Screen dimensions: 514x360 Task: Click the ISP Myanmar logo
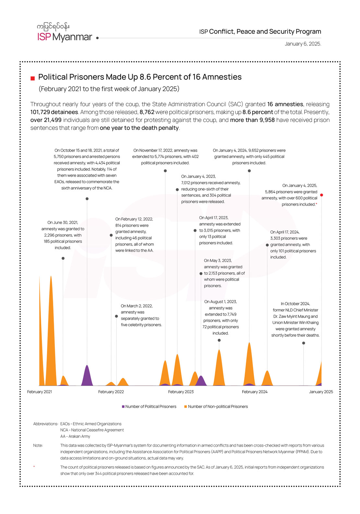(65, 33)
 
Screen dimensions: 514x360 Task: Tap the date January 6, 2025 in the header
(303, 44)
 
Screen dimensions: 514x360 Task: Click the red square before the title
(32, 78)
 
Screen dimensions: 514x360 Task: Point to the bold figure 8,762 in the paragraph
(147, 112)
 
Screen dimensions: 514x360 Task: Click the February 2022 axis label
(111, 392)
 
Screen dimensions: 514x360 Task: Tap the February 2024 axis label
(255, 392)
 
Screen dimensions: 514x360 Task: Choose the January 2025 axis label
(321, 392)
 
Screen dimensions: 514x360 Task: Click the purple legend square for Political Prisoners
(123, 406)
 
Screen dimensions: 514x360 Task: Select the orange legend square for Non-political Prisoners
(186, 406)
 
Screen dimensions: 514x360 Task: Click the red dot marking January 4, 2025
(321, 195)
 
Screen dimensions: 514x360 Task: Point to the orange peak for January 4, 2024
(249, 356)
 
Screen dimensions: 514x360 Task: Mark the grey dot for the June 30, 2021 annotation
(63, 258)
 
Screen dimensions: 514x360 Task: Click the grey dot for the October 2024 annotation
(304, 343)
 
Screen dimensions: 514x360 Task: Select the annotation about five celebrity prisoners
(141, 315)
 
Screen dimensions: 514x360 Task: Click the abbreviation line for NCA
(92, 430)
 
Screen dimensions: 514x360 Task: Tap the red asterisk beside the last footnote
(34, 467)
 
